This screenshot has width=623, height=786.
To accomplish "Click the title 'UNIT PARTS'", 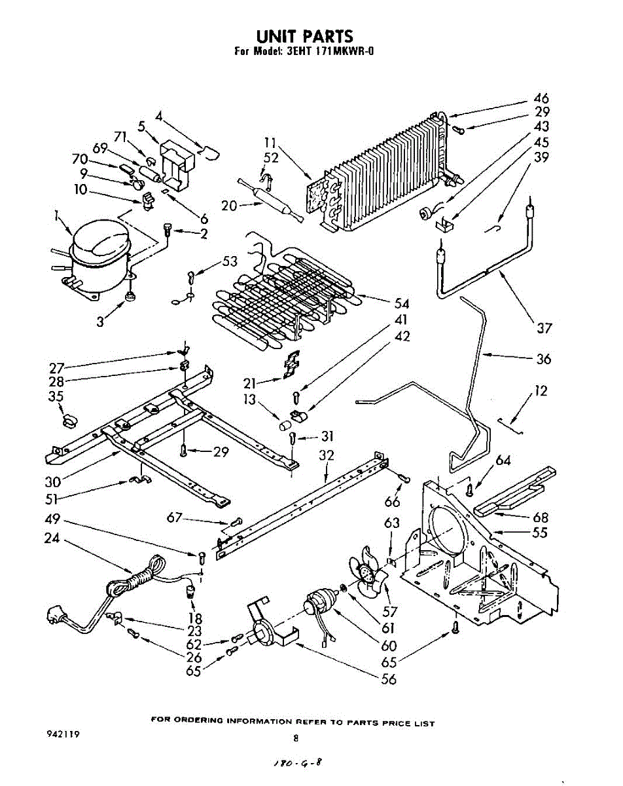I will pos(304,36).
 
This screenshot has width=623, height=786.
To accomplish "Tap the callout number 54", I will pos(401,303).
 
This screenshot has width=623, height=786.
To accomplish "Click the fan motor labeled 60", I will pos(320,603).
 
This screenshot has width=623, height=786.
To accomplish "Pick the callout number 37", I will pos(544,327).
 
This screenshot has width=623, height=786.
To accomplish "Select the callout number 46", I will pos(541,99).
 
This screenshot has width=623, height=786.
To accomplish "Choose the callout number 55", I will pos(540,533).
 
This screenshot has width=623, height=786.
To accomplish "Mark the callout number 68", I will pos(541,517).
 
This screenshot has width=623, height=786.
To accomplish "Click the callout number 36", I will pos(543,359).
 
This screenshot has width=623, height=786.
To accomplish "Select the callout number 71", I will pos(120,137).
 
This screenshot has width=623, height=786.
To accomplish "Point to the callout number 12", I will pos(541,391).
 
